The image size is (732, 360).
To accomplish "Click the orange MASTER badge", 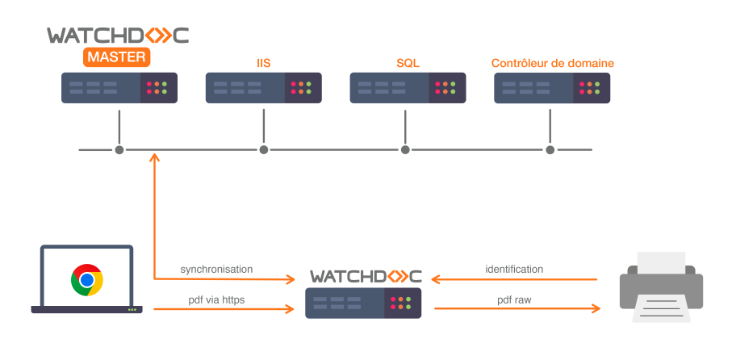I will [117, 57].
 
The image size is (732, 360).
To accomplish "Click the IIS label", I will [263, 62].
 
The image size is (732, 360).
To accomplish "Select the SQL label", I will [408, 62].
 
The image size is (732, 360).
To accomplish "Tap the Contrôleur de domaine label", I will [553, 62].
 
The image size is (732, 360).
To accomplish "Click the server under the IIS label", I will [264, 87].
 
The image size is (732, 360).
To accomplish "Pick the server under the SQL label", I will [408, 87].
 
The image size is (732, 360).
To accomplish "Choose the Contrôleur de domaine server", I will [552, 87].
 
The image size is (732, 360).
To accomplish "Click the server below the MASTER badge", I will [119, 87].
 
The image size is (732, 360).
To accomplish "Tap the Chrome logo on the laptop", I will [86, 280].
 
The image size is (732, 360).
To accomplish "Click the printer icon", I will [661, 286].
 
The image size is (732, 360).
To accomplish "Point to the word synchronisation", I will [216, 269].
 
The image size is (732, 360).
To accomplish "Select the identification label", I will [514, 269].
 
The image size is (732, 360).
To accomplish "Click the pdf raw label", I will [515, 299].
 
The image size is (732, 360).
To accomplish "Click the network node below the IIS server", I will [263, 149].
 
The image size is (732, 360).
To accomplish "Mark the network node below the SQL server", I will [406, 149].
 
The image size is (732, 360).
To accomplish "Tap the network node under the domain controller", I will [550, 149].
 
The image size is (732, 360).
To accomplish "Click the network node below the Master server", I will [119, 149].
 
